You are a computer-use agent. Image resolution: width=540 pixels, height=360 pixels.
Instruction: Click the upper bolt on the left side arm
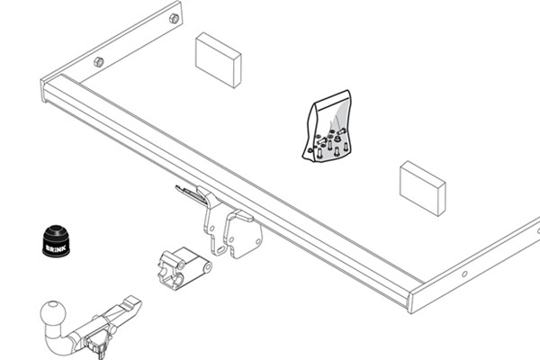pyautogui.click(x=174, y=18)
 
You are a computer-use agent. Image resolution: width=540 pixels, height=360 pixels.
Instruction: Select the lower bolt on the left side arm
pyautogui.click(x=99, y=62)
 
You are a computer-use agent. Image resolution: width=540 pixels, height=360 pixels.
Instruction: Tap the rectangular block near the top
pyautogui.click(x=218, y=60)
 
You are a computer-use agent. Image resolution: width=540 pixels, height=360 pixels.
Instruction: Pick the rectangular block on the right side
pyautogui.click(x=423, y=188)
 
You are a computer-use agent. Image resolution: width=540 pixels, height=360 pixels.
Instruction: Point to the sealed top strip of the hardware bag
pyautogui.click(x=332, y=101)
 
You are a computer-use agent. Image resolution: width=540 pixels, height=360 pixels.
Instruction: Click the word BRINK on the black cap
pyautogui.click(x=56, y=248)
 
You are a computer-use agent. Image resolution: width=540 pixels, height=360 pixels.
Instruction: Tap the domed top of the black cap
pyautogui.click(x=57, y=230)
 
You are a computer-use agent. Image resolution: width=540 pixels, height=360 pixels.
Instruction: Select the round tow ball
pyautogui.click(x=53, y=314)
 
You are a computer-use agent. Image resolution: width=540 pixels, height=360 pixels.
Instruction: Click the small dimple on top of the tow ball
pyautogui.click(x=53, y=304)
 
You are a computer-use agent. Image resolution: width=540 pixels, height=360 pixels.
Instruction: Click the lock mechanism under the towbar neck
pyautogui.click(x=98, y=346)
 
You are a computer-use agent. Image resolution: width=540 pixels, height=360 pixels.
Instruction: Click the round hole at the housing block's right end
pyautogui.click(x=208, y=267)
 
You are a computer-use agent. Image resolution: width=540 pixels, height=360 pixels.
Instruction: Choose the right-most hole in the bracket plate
pyautogui.click(x=257, y=242)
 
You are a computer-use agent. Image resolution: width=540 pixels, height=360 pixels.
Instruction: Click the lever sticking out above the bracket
pyautogui.click(x=188, y=193)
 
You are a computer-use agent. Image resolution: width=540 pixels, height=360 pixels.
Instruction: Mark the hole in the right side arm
pyautogui.click(x=464, y=274)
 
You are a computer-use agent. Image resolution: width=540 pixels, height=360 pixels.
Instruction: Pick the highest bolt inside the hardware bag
pyautogui.click(x=341, y=130)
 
